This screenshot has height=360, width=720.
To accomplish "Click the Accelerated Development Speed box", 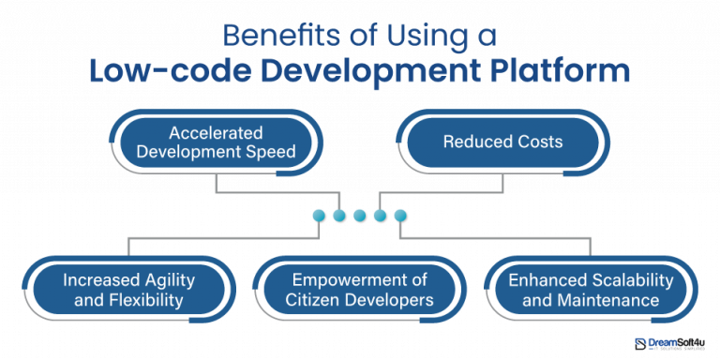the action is coord(216,142).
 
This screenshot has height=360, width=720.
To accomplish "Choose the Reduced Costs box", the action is coord(503,142).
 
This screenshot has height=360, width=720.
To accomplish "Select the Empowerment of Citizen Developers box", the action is coord(360,291).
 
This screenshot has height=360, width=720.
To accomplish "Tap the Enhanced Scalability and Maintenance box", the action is coord(591,291).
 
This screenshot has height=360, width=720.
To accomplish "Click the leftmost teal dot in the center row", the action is coord(320,217).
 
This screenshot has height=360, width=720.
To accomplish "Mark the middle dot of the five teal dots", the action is coord(360,217).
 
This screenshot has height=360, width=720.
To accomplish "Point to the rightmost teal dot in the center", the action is coord(401,217).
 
